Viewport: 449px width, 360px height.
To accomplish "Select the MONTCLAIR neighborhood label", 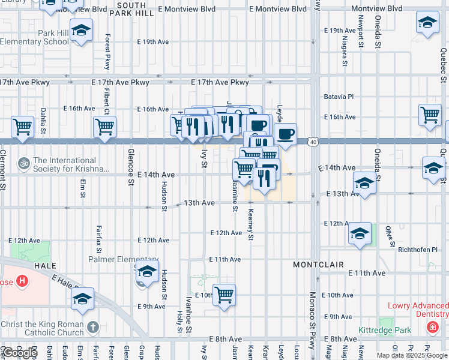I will coord(318,265).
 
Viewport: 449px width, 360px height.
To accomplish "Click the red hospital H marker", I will coord(22,280).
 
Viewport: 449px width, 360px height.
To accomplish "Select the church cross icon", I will coord(92,328).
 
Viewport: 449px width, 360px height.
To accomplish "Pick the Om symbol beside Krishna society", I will coord(24,163).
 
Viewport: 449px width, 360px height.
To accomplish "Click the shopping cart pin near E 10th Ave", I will coord(224,295).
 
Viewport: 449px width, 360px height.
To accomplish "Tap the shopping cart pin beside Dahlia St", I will coord(22,127).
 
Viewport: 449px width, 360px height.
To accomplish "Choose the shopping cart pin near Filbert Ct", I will coord(105,127).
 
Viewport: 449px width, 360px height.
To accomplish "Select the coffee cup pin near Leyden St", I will coord(286,134).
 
